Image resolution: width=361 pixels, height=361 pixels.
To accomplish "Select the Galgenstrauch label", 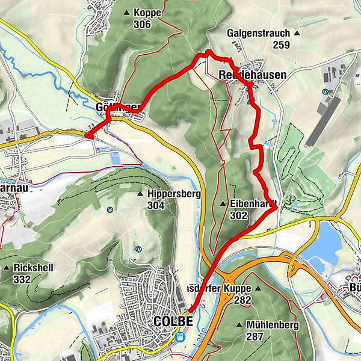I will point(259,33).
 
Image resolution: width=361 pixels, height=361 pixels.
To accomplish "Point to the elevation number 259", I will point(281,45).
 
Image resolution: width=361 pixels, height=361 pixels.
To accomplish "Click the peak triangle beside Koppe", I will point(127,12).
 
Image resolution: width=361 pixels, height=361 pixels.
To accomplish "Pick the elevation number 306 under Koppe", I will point(143,23).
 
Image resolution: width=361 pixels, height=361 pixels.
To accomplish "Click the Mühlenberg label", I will point(271,325).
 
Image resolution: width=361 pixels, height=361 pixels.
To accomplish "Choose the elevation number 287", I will point(255,336).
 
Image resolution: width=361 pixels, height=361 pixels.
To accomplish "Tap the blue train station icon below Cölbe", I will point(179,337).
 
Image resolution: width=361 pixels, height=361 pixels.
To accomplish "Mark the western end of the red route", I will point(87,136).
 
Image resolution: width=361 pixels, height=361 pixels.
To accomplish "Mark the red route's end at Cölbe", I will point(188,311).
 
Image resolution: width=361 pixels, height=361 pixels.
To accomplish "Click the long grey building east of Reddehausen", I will point(322,120).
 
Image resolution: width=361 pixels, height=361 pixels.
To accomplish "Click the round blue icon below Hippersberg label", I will point(109,210).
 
